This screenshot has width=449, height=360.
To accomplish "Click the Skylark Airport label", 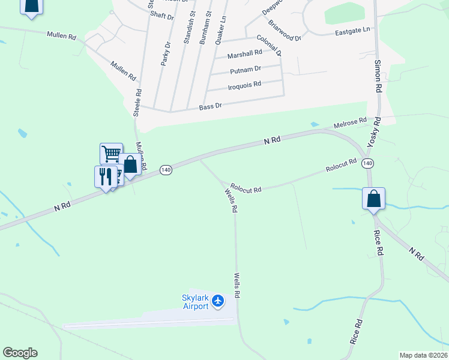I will pos(195,302).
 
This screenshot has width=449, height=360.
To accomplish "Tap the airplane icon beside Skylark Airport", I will pos(218,300).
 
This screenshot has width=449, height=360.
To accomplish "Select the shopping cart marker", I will pos(111,154).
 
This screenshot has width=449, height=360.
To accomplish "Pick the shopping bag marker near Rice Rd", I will pos(373,199).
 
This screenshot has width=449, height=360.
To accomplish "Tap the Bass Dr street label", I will pos(211,106).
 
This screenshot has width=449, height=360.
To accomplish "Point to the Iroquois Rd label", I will pos(244,85).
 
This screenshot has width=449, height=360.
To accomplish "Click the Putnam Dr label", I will pos(245,70).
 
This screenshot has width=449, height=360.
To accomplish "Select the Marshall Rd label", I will pos(245,54).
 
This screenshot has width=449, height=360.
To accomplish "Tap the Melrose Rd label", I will pos(350,122).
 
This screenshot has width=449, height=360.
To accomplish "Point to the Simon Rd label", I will pos(378,75).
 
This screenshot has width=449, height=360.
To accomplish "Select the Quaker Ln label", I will pos(223,26).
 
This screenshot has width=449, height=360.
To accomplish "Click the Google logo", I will pos(20,353).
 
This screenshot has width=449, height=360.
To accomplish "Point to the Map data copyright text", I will pos(424,355).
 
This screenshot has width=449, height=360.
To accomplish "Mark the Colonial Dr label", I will pos(269,46).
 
